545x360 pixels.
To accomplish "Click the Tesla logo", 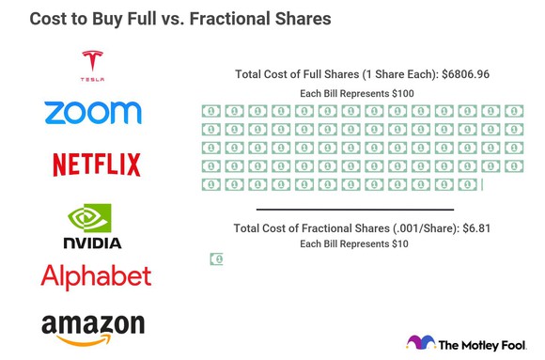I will click(x=93, y=67).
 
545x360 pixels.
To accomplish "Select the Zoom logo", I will click(x=93, y=113).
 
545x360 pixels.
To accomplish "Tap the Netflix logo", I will click(x=97, y=164).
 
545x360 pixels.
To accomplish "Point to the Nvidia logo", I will click(x=92, y=227).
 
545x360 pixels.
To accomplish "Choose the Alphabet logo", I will click(x=96, y=276).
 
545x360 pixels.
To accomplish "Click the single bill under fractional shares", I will click(x=216, y=259).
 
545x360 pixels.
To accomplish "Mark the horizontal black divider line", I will click(x=355, y=210).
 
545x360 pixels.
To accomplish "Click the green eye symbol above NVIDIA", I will click(x=90, y=217).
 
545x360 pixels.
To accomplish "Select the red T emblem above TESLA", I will click(x=93, y=58).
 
